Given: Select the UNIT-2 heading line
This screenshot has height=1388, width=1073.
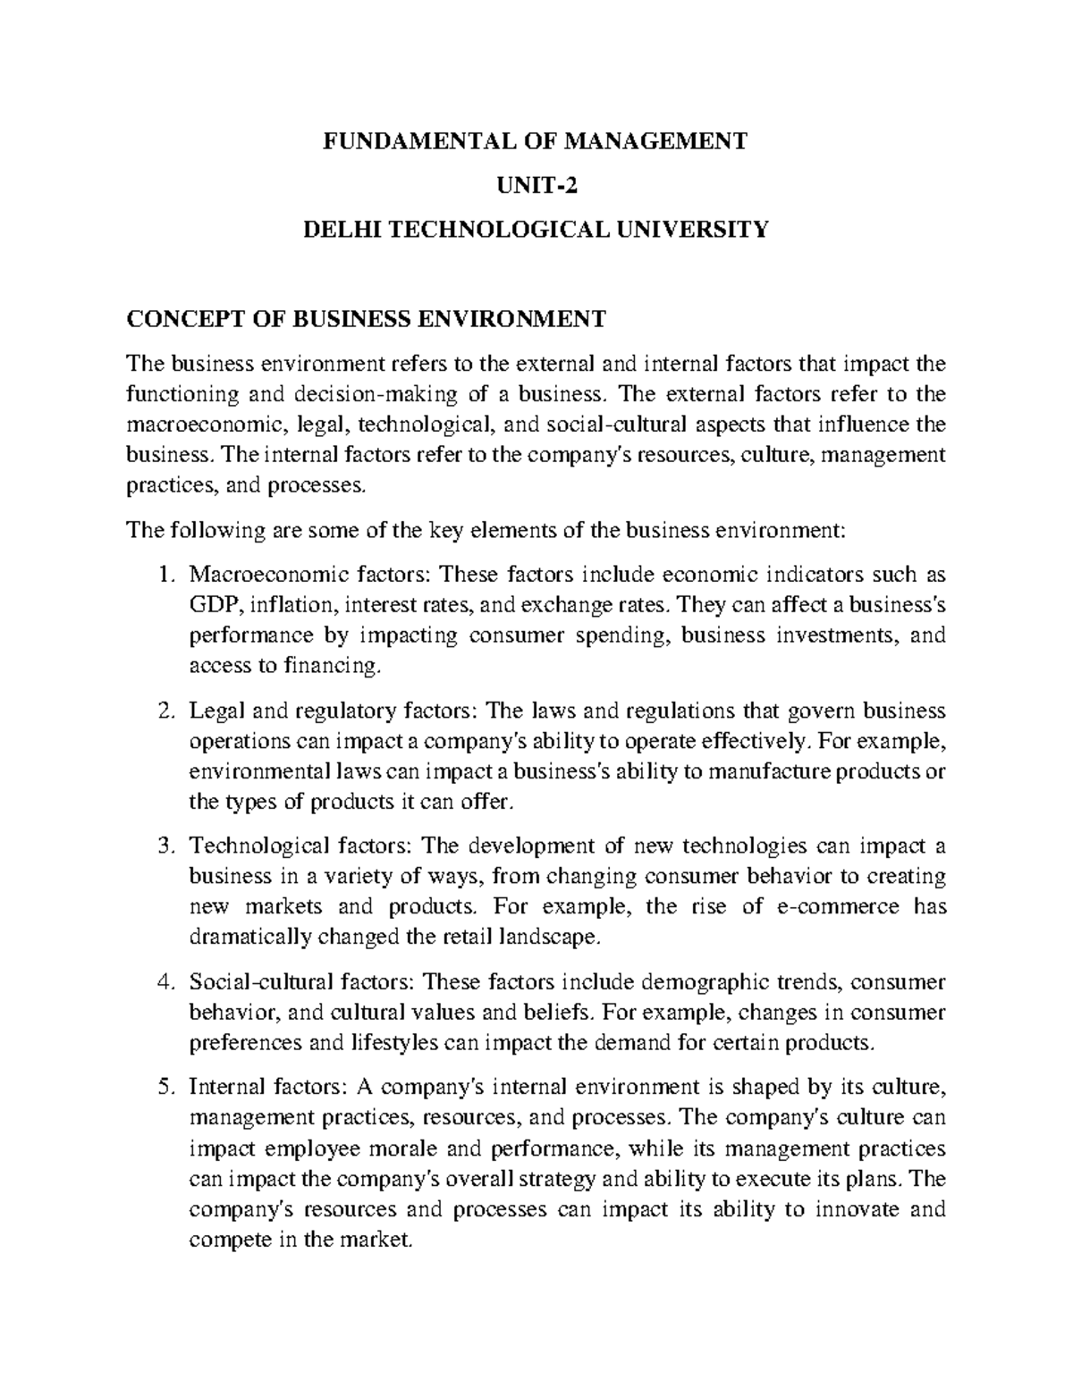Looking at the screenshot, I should [x=536, y=186].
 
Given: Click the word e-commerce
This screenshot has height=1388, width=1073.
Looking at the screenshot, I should [x=826, y=906].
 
